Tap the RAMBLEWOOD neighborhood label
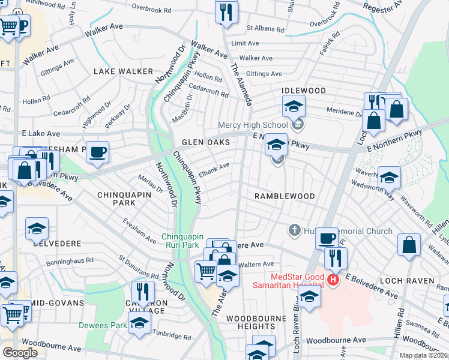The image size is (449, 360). pyautogui.click(x=285, y=196)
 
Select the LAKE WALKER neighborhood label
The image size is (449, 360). pyautogui.click(x=123, y=71)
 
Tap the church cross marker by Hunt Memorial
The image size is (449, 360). pyautogui.click(x=294, y=230)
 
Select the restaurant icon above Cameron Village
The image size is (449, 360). pyautogui.click(x=142, y=292)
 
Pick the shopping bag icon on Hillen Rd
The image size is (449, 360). pyautogui.click(x=409, y=245)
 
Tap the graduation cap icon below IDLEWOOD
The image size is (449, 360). pyautogui.click(x=294, y=107)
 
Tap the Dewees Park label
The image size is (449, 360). pyautogui.click(x=102, y=326)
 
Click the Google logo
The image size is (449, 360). pyautogui.click(x=20, y=352)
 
